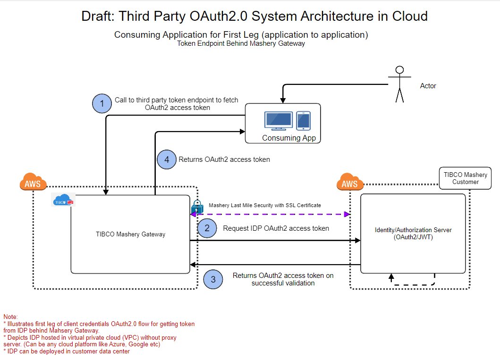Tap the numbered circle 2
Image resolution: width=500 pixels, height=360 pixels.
(207, 228)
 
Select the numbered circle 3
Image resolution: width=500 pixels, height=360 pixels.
(213, 279)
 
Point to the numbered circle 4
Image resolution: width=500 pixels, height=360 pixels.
(166, 159)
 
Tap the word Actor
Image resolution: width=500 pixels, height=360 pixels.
(428, 86)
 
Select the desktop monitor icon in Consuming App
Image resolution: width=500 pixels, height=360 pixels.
(278, 121)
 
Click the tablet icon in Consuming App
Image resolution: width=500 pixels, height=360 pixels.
(303, 121)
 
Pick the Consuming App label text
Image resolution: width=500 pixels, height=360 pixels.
(288, 138)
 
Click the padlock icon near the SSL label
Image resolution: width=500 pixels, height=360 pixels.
(197, 207)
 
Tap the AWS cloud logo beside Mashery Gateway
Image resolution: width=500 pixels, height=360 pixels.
(33, 182)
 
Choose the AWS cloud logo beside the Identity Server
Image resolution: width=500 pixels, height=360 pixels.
(350, 182)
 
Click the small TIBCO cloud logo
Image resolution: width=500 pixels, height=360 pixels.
(63, 201)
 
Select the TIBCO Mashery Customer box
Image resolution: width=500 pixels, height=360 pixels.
(465, 178)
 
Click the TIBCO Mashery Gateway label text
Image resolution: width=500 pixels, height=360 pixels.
(130, 234)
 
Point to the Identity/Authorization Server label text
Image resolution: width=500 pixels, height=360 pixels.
(413, 234)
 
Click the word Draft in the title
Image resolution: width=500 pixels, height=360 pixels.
(98, 16)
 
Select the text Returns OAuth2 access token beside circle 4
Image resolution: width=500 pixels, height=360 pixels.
(224, 159)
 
